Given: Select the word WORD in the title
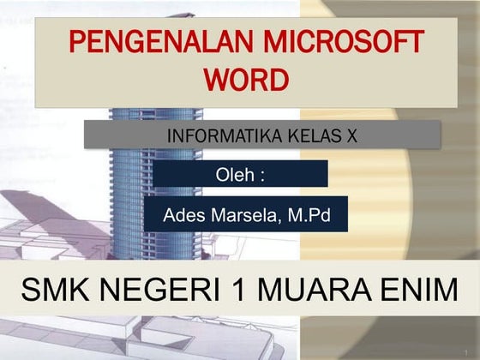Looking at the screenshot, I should pos(246,81).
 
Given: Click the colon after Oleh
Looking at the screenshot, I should pos(261,176).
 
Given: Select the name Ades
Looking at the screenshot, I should pos(182,215).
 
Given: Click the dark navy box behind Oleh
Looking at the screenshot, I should pos(300,174).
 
